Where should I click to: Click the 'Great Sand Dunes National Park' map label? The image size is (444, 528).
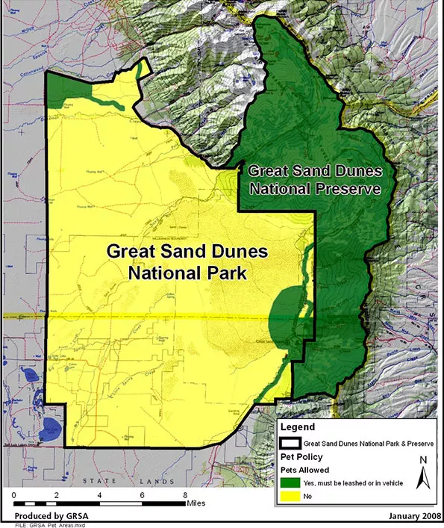pos(177,261)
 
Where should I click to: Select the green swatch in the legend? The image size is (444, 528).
pos(291,483)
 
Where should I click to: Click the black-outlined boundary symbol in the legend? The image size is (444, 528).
pos(291,442)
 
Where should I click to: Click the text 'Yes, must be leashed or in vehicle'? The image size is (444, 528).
pos(353,483)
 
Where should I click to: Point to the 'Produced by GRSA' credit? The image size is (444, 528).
pos(42,516)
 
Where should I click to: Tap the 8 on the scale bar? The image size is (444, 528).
pos(184,494)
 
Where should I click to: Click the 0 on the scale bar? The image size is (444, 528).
pos(15,494)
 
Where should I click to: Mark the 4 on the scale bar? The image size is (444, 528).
pos(99,494)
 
